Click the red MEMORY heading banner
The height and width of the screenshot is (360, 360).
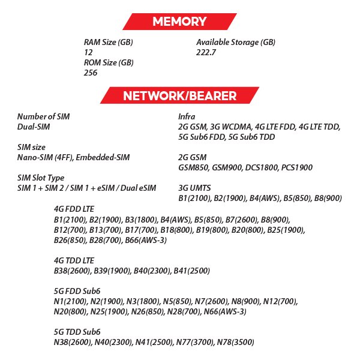(x=179, y=22)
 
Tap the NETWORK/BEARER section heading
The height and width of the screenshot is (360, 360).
(x=179, y=95)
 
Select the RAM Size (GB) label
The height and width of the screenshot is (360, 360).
(x=108, y=43)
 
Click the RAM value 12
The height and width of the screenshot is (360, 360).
(x=88, y=52)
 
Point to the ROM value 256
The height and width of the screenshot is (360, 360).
(x=91, y=73)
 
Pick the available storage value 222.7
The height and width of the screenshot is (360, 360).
(x=206, y=52)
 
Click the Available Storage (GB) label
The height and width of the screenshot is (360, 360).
(x=236, y=43)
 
